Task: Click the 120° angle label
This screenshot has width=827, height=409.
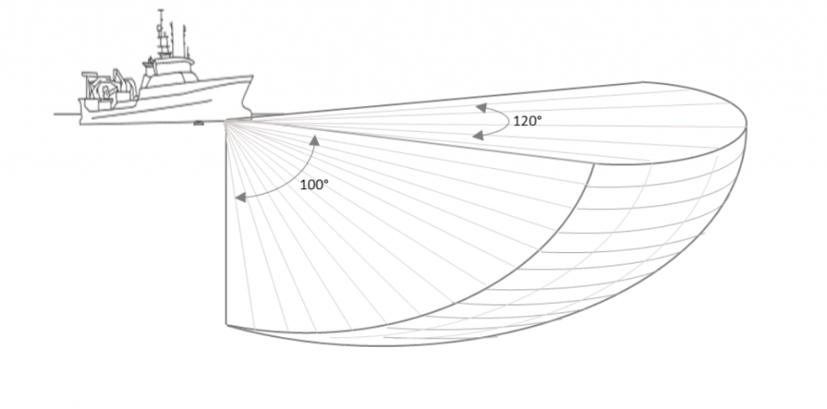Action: click(527, 121)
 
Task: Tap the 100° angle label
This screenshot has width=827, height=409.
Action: click(314, 185)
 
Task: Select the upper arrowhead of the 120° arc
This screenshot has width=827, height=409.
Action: click(481, 108)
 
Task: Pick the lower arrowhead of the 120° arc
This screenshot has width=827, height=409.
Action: click(478, 136)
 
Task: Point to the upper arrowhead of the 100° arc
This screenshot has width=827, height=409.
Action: click(315, 140)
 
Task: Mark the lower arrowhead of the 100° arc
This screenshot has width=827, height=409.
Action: click(240, 197)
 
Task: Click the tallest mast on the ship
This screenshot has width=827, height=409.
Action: click(161, 32)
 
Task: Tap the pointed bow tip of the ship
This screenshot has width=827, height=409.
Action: click(252, 77)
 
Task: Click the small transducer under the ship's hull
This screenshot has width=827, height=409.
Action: click(199, 124)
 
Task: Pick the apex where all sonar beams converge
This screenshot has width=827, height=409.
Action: click(226, 122)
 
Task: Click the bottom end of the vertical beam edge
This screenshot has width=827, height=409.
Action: click(226, 325)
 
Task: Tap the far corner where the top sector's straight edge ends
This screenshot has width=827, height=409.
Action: click(643, 82)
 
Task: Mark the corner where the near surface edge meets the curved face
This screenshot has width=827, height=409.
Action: click(594, 164)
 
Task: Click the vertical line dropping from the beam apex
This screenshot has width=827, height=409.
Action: click(226, 223)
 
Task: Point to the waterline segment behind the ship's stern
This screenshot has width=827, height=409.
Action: click(67, 113)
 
